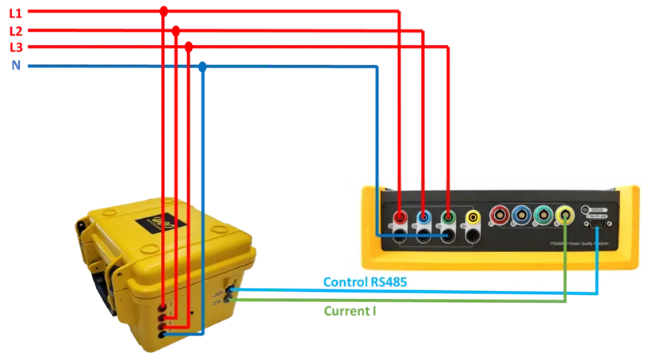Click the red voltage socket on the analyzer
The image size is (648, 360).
coord(401,216)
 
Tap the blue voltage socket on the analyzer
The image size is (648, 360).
coord(424,216)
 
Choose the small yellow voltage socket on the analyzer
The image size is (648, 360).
coord(473,216)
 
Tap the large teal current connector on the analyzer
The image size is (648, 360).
coord(543,215)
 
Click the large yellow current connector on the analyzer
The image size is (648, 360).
coord(565,215)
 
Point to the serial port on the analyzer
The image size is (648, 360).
coord(596,225)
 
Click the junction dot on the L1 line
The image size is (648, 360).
coord(163,10)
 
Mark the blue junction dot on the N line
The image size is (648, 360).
coord(204,67)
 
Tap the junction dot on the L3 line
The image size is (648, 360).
coord(188,47)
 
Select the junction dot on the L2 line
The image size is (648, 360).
coord(176,29)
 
